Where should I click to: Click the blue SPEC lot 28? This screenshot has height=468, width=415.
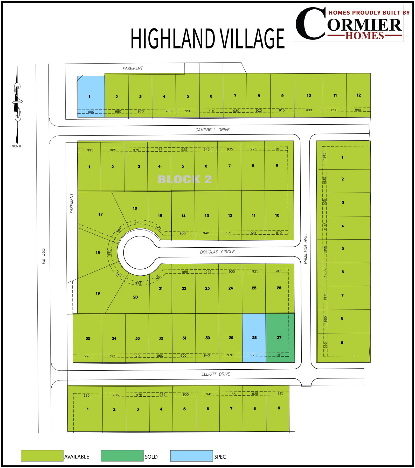pyautogui.click(x=254, y=337)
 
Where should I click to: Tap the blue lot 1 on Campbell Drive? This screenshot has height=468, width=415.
pyautogui.click(x=91, y=97)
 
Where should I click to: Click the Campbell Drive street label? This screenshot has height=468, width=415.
pyautogui.click(x=212, y=130)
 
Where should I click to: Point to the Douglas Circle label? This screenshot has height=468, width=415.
pyautogui.click(x=217, y=252)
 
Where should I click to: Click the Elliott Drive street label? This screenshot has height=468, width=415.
pyautogui.click(x=216, y=374)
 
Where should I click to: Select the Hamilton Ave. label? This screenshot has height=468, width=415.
pyautogui.click(x=306, y=249)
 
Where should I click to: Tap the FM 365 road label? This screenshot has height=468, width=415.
pyautogui.click(x=43, y=256)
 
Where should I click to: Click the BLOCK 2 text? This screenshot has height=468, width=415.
pyautogui.click(x=185, y=179)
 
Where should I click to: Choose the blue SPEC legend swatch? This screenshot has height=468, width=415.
pyautogui.click(x=191, y=456)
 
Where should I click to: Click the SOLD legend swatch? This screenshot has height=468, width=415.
pyautogui.click(x=122, y=456)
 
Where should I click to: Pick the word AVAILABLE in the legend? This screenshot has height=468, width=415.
pyautogui.click(x=77, y=457)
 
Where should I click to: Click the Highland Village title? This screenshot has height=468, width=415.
pyautogui.click(x=208, y=39)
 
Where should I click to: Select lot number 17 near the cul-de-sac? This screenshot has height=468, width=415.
pyautogui.click(x=101, y=214)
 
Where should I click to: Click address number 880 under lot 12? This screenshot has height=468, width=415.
pyautogui.click(x=358, y=110)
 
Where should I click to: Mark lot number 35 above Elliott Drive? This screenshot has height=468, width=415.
pyautogui.click(x=88, y=338)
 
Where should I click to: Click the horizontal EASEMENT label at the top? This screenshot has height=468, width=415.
pyautogui.click(x=133, y=69)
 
